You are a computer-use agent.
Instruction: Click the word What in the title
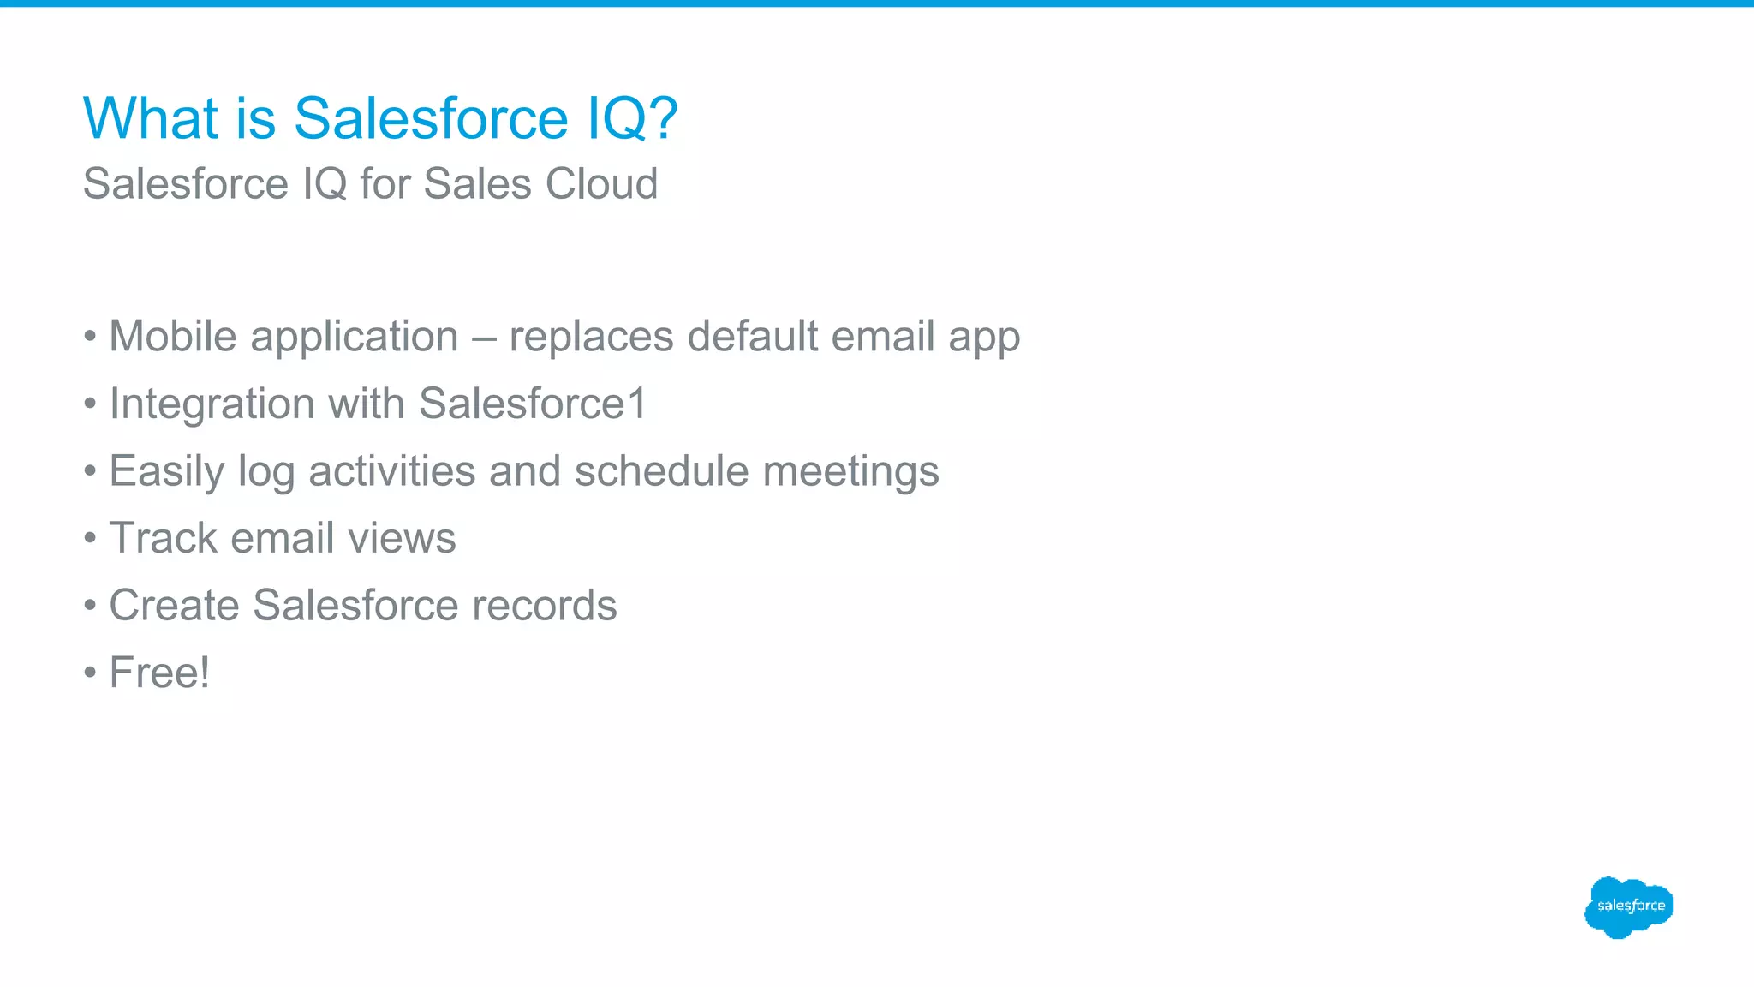151,117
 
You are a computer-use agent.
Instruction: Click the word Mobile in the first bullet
173,336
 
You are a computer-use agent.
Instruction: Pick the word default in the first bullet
752,336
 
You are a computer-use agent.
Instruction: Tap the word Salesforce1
533,404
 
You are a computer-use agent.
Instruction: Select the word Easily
166,471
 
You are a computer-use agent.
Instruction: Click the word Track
164,538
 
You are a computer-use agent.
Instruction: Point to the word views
402,538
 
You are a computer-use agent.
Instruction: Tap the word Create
174,605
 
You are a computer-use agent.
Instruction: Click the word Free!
159,673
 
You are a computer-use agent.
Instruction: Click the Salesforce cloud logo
1629,906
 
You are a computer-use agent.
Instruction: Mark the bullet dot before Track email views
90,539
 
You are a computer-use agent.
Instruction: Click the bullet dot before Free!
90,673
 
